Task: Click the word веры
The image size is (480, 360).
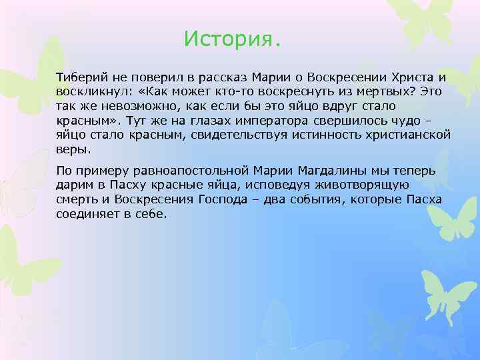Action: pos(70,150)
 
